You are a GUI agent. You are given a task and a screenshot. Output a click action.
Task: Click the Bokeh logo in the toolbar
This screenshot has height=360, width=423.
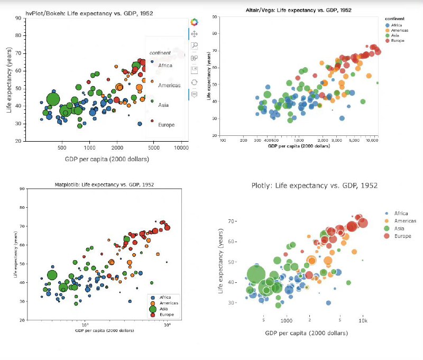(194, 22)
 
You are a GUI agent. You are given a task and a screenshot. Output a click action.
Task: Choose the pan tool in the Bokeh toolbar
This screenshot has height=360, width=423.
(194, 34)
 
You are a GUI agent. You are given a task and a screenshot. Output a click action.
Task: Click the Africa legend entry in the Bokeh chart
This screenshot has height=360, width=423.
(165, 66)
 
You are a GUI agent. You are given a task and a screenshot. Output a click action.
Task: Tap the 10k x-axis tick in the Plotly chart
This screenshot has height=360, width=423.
(363, 321)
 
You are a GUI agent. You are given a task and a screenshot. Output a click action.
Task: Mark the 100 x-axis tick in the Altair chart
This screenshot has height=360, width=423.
(223, 141)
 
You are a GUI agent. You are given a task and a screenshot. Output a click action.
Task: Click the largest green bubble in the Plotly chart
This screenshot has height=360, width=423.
(256, 274)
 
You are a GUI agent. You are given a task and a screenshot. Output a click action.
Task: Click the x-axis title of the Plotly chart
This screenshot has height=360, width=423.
(307, 334)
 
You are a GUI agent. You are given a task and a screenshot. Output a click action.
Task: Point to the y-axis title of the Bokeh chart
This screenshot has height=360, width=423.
(9, 79)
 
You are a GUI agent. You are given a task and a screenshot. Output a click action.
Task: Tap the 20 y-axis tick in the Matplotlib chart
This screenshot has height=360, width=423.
(21, 321)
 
